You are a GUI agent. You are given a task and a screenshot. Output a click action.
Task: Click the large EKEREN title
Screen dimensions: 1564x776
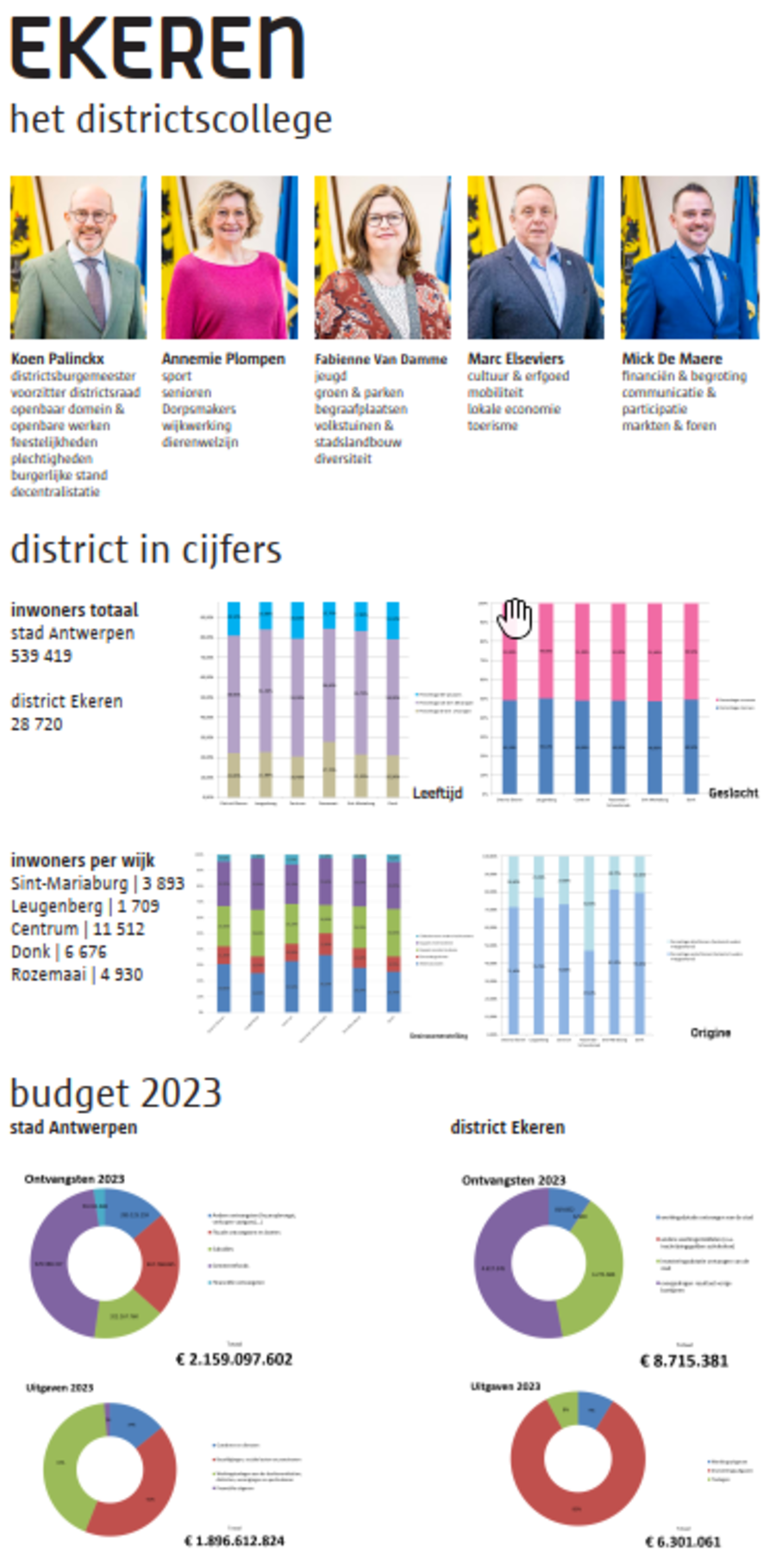157,49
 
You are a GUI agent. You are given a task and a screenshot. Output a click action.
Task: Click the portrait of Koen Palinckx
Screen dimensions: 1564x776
78,257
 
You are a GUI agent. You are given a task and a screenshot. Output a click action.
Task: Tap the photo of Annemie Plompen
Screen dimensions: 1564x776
229,257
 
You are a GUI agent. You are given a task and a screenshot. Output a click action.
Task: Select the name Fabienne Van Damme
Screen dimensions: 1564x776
380,359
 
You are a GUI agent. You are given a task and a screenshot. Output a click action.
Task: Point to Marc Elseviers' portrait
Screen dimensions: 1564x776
535,257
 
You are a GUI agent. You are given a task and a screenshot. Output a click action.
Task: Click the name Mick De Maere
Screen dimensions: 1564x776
672,359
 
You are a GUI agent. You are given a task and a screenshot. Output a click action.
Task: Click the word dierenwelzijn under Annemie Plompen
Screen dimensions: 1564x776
199,442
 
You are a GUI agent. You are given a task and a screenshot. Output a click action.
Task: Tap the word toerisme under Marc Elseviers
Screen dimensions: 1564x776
492,426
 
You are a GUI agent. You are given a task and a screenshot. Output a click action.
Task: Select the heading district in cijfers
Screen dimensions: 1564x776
146,549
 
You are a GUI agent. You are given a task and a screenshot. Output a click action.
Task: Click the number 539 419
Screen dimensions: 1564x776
41,655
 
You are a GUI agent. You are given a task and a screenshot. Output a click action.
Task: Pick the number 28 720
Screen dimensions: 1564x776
36,724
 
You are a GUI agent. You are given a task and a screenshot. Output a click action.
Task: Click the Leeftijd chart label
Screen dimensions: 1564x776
437,792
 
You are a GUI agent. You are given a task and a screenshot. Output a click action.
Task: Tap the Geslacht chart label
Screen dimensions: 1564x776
733,792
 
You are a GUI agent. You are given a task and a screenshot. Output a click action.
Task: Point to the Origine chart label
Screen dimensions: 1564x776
710,1032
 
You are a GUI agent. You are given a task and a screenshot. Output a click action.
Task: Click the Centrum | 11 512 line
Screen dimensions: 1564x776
78,929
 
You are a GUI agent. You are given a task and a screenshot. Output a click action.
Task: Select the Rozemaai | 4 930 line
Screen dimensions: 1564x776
77,974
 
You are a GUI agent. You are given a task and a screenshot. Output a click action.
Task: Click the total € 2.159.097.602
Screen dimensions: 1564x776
234,1359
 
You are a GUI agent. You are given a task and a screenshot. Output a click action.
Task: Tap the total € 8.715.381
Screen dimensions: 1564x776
683,1361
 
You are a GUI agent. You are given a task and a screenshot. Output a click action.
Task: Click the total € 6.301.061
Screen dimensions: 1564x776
682,1542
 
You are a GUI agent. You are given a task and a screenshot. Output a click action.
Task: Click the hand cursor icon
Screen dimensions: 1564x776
516,617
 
